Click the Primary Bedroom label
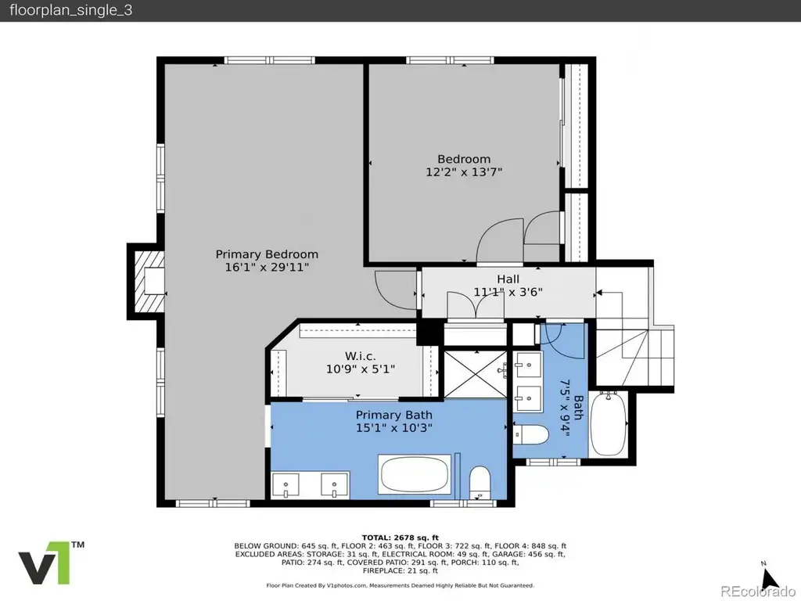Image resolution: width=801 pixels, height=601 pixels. [x=267, y=254]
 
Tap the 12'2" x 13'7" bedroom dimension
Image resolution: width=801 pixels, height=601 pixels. [x=464, y=171]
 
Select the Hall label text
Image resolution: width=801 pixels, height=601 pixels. [x=508, y=279]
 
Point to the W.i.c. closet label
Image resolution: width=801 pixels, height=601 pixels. [x=360, y=356]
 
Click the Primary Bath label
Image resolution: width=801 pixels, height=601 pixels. [x=394, y=415]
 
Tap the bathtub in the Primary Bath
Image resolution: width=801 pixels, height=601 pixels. [x=415, y=475]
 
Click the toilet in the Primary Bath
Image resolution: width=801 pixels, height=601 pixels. [x=480, y=482]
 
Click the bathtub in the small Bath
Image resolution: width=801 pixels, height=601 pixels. [x=609, y=423]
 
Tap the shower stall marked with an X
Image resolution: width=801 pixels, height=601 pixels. [x=476, y=375]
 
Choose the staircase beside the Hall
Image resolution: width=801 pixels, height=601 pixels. [x=635, y=337]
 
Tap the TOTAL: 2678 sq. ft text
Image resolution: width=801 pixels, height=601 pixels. [x=400, y=538]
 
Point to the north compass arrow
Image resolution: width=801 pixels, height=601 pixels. [x=769, y=578]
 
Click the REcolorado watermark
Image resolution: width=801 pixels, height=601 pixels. [x=757, y=591]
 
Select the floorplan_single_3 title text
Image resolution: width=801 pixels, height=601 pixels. [x=71, y=11]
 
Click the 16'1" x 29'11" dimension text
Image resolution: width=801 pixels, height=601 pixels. [x=267, y=267]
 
